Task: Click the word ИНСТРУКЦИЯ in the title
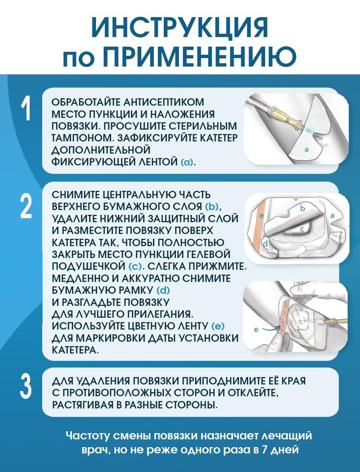pos(180,28)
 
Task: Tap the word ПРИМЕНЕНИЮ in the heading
pos(199,57)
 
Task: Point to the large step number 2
pos(26,206)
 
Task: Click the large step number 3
pos(26,386)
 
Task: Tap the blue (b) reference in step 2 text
pos(212,206)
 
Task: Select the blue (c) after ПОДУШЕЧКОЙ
pos(135,266)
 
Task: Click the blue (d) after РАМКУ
pos(163,290)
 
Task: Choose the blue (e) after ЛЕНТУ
pos(217,326)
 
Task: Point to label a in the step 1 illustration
pos(306,149)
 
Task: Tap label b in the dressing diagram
pos(302,208)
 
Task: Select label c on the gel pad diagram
pos(302,229)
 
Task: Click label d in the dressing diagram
pos(265,244)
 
